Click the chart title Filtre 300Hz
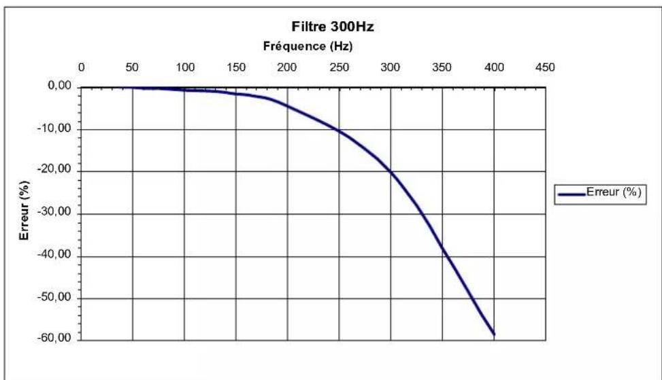[333, 27]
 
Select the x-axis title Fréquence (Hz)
[308, 46]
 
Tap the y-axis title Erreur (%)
[24, 211]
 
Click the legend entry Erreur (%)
[614, 192]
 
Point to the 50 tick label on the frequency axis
[132, 67]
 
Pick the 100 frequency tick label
[185, 67]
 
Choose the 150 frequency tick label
[236, 67]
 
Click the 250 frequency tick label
[339, 67]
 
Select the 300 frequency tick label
[390, 67]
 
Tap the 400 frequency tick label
[494, 67]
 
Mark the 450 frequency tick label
[545, 67]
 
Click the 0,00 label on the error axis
[59, 86]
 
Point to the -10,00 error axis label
[54, 128]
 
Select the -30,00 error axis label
[54, 212]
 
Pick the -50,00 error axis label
[54, 297]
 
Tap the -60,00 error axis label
[54, 339]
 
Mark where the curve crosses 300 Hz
[391, 172]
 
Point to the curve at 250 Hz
[339, 131]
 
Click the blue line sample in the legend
[572, 194]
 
